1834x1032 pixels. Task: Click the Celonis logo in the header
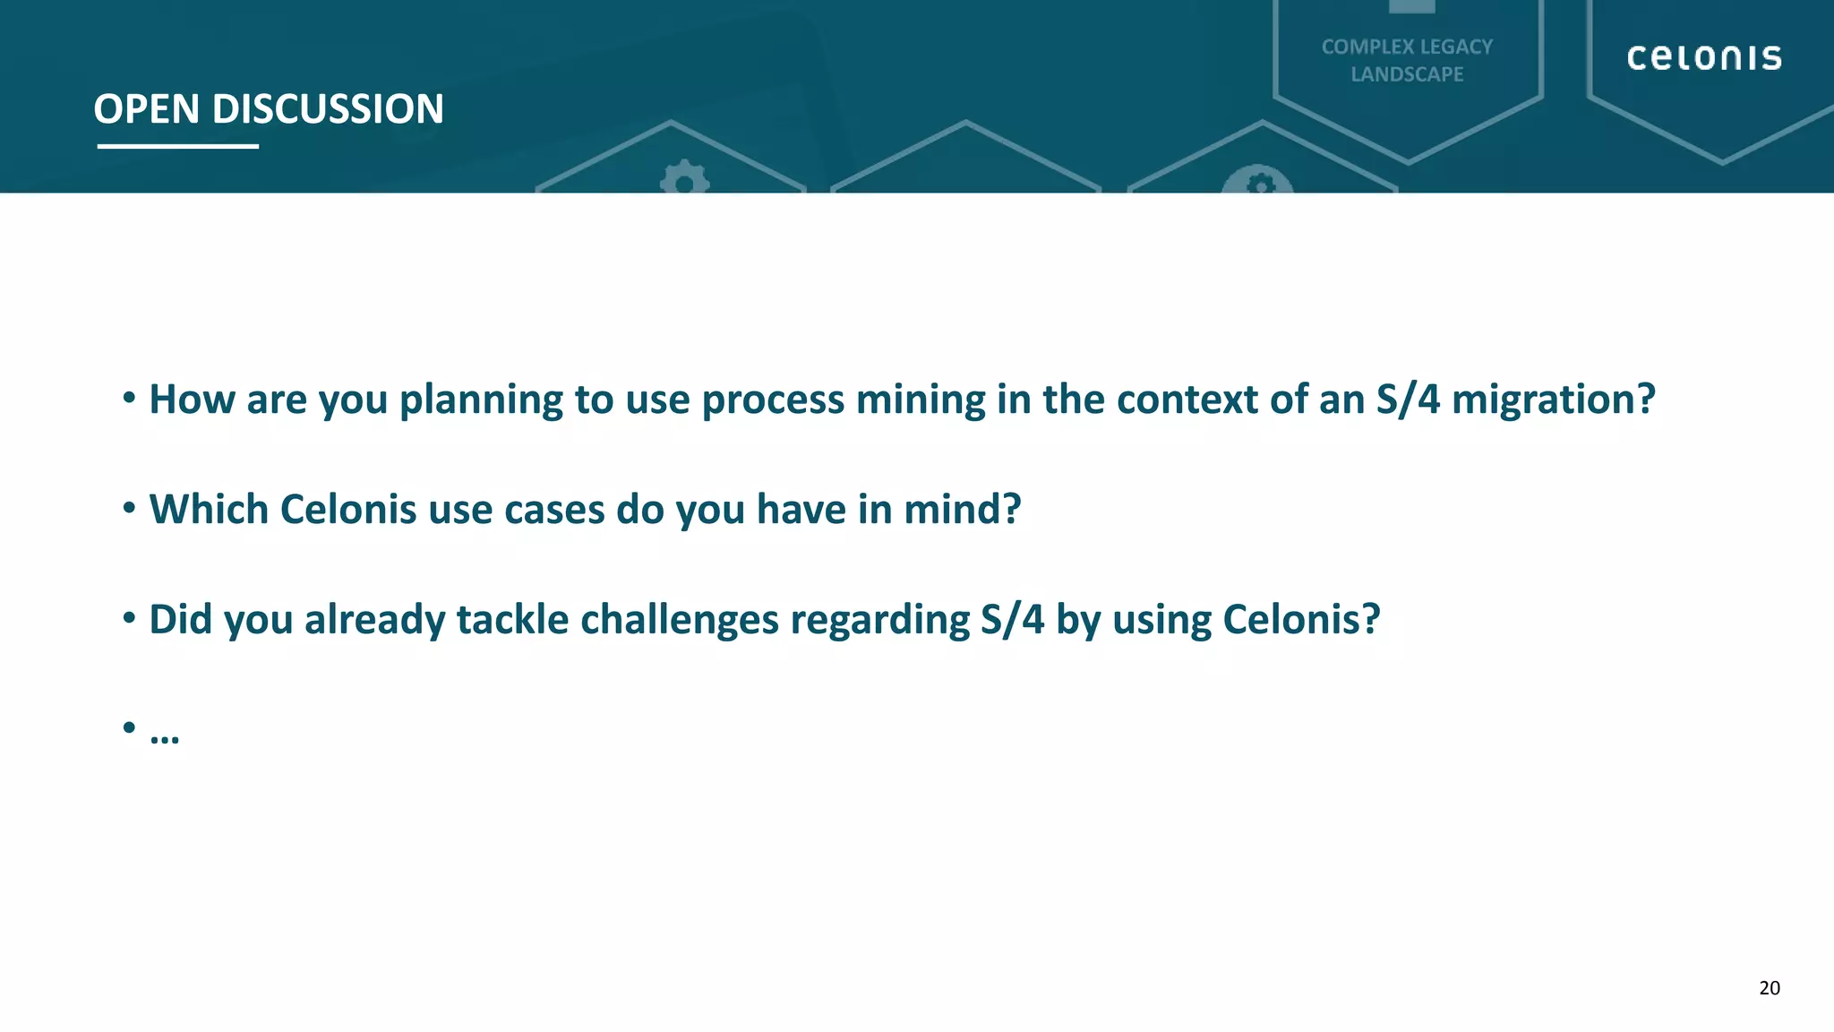(1703, 57)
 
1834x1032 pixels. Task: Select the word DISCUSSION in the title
(328, 109)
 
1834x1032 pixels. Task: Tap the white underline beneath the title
(177, 146)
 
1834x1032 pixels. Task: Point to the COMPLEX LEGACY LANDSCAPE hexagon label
(1407, 60)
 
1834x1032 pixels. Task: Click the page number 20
(1769, 988)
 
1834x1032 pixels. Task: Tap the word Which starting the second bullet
(209, 509)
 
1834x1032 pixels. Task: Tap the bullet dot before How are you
(129, 397)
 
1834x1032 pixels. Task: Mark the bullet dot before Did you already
(129, 617)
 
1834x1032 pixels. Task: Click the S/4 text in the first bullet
(1408, 400)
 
